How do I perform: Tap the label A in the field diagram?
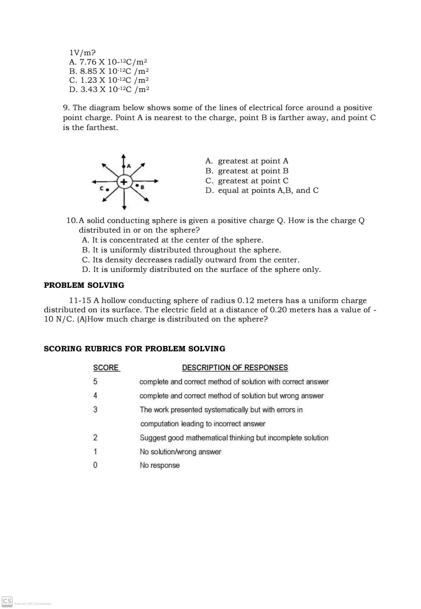tap(129, 166)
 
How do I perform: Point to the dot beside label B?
tap(137, 186)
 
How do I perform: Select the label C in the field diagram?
tap(102, 189)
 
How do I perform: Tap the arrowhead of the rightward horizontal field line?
tap(156, 181)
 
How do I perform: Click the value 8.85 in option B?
tap(88, 71)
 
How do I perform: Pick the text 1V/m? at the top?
tap(82, 53)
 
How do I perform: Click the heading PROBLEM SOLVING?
tap(84, 285)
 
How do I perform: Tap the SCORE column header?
tap(106, 368)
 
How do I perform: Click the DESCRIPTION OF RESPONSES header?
tap(235, 368)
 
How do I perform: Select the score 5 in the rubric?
tap(95, 382)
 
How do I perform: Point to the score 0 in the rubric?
tap(95, 465)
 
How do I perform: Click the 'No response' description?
tap(160, 465)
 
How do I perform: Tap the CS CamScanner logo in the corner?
tap(7, 601)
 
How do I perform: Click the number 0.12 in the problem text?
tap(246, 301)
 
